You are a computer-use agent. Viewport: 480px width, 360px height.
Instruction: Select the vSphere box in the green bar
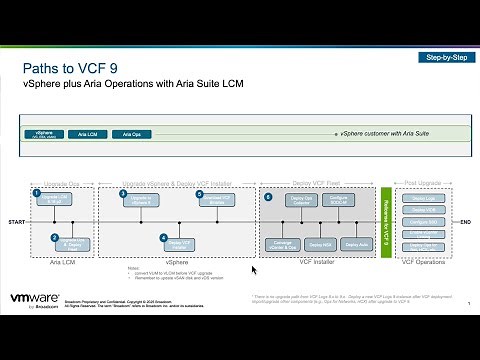click(44, 132)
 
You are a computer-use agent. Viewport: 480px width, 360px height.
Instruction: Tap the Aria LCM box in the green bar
click(87, 133)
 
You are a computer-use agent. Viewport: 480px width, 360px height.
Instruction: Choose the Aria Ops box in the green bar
click(128, 133)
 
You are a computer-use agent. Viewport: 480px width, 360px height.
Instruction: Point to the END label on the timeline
click(463, 220)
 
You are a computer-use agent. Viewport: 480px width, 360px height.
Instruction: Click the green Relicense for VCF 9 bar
click(386, 220)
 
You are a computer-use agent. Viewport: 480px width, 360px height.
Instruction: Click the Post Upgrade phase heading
click(424, 183)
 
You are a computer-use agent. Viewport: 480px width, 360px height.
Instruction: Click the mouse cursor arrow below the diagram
click(253, 269)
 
